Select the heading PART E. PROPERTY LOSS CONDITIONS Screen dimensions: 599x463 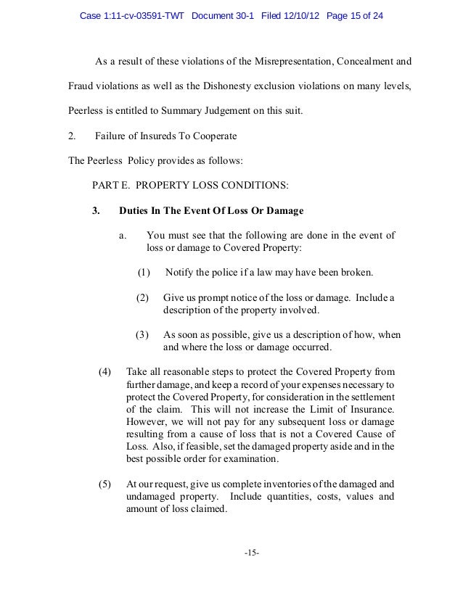[189, 186]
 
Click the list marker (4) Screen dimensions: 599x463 [105, 372]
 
